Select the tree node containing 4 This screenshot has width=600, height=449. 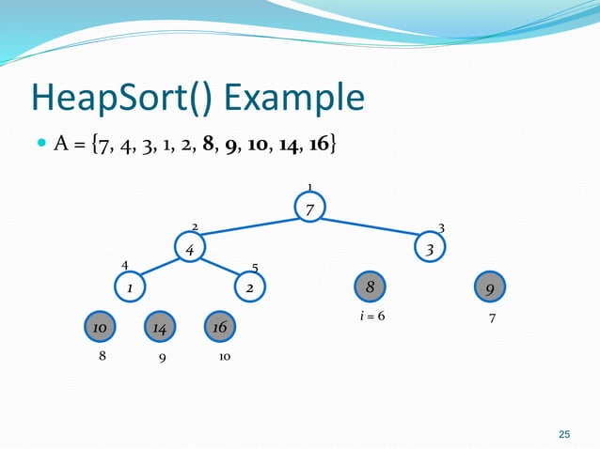coord(190,250)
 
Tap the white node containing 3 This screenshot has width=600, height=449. coord(430,250)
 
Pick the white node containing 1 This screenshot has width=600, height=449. coord(129,287)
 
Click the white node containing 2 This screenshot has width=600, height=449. coord(250,287)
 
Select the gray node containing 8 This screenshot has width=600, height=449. coord(371,286)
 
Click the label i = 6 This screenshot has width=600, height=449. coord(372,317)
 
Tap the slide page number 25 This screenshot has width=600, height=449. coord(564,433)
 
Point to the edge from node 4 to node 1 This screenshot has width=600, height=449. coord(159,269)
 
